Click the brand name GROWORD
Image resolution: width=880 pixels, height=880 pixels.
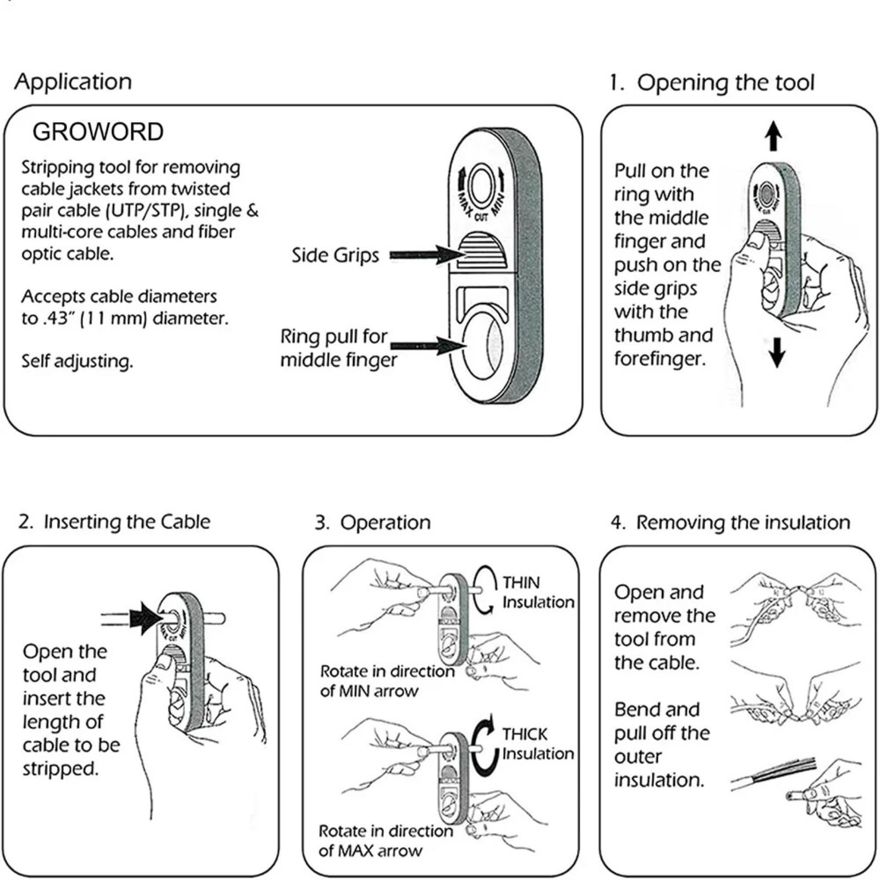98,132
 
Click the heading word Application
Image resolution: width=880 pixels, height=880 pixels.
73,82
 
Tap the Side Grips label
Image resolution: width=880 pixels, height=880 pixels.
335,255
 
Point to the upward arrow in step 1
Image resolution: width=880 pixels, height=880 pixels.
774,136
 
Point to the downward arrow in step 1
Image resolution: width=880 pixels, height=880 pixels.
777,352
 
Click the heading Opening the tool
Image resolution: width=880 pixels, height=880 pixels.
725,82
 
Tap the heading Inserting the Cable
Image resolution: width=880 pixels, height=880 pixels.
127,521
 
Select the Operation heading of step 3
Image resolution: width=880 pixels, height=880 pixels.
385,522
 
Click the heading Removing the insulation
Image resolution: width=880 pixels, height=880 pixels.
743,522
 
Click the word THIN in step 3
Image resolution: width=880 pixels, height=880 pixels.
521,582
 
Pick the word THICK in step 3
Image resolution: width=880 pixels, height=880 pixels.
525,734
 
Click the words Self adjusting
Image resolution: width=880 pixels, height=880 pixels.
77,361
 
